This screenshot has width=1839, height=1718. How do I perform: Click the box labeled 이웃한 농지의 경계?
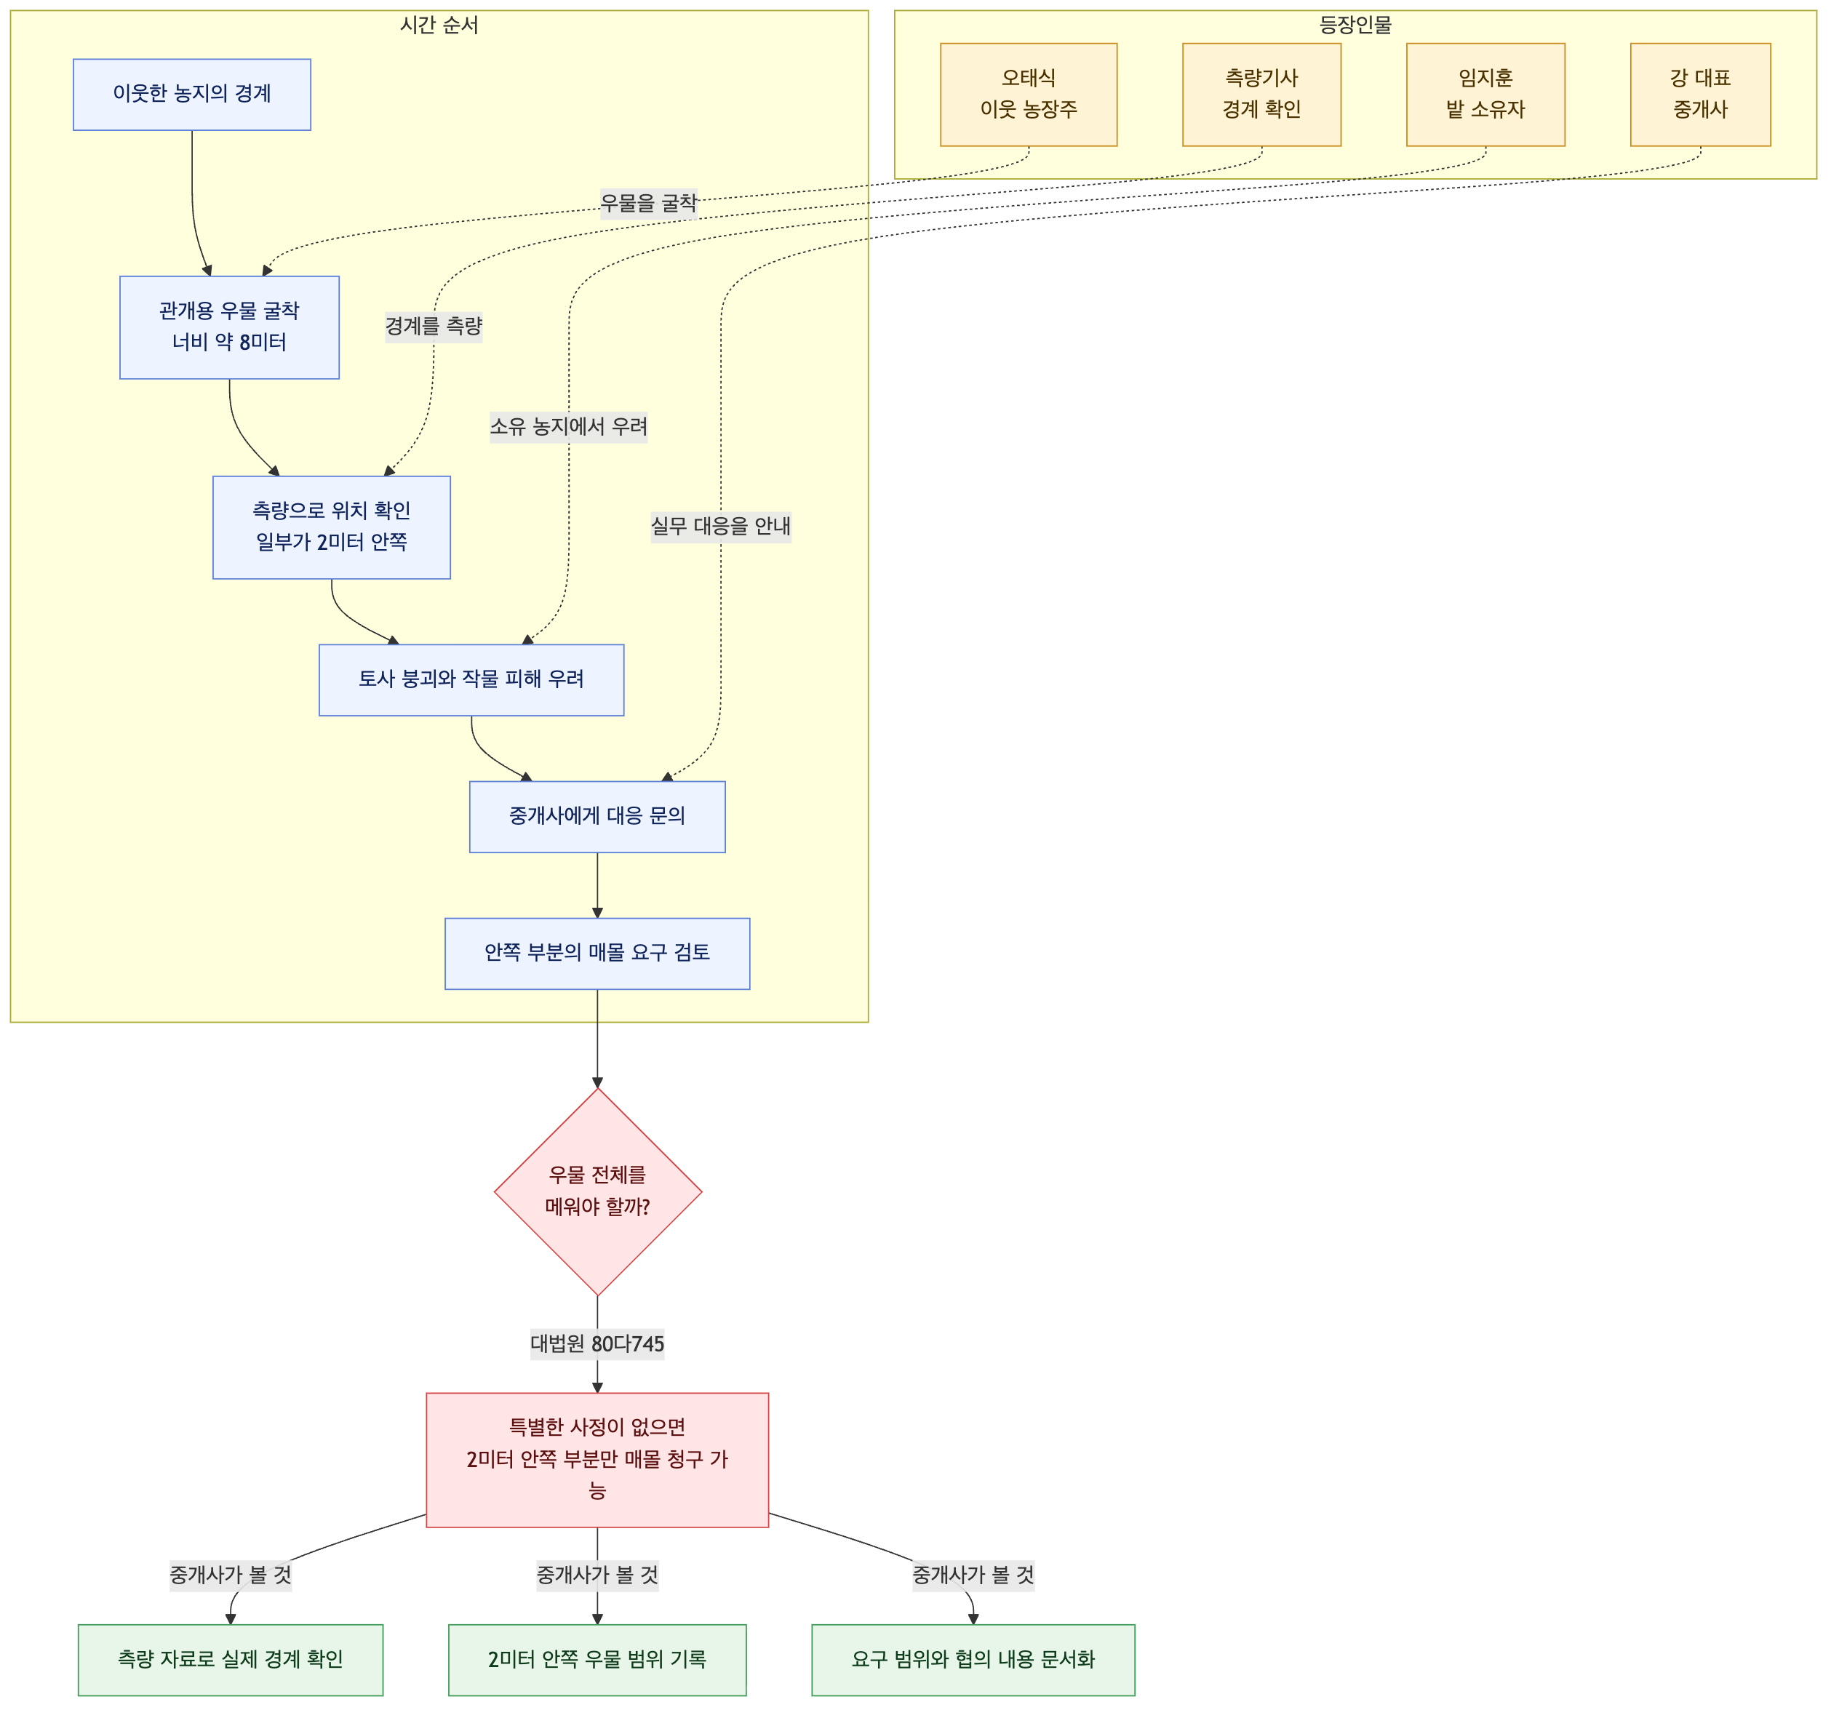tap(191, 95)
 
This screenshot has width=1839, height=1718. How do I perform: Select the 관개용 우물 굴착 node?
tap(229, 327)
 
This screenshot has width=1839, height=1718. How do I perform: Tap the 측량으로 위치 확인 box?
tap(331, 527)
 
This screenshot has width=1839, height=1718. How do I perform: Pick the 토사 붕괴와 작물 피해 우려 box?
tap(471, 680)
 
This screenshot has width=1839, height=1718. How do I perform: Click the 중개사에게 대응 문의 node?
tap(597, 817)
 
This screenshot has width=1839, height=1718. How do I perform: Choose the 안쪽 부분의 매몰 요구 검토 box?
tap(597, 954)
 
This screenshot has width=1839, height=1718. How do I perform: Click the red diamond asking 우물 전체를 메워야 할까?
tap(597, 1191)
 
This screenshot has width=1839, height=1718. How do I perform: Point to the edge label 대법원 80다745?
tap(597, 1343)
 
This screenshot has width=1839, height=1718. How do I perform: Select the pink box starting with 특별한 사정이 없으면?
tap(597, 1460)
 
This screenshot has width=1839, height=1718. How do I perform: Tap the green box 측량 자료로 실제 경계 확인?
tap(231, 1660)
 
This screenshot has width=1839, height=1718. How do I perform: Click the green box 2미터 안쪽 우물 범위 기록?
tap(597, 1660)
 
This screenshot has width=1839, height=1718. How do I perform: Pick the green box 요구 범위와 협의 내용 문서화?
tap(973, 1660)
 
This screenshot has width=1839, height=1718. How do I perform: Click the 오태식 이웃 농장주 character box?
tap(1029, 95)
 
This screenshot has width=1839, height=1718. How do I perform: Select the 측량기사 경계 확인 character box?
tap(1262, 95)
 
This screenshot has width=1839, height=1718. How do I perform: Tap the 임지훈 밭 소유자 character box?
tap(1485, 95)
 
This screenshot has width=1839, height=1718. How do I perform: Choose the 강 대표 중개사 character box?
tap(1700, 95)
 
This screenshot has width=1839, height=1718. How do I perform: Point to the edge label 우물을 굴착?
tap(648, 203)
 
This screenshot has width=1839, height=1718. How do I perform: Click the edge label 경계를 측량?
tap(434, 326)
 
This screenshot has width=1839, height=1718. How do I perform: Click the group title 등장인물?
tap(1355, 25)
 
